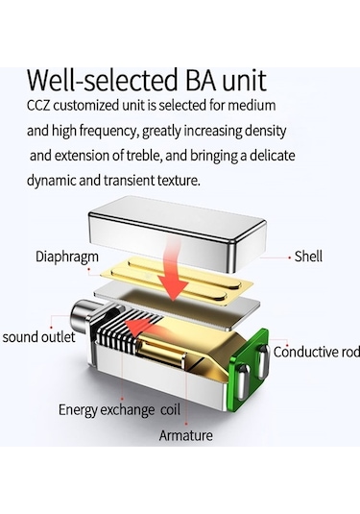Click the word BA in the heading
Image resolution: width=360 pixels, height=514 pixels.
click(x=201, y=81)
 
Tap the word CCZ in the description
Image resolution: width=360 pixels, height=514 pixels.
click(x=38, y=106)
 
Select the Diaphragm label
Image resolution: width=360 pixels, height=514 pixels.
click(x=67, y=257)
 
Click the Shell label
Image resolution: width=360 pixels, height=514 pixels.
click(x=308, y=256)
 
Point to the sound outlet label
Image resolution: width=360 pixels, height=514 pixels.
click(x=38, y=337)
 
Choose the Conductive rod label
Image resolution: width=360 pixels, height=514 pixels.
click(x=317, y=352)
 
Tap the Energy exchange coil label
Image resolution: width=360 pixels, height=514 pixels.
click(x=119, y=409)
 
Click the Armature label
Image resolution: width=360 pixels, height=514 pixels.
click(x=185, y=435)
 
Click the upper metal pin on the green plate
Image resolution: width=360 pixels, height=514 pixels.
click(x=263, y=360)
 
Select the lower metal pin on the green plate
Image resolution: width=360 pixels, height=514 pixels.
click(x=243, y=381)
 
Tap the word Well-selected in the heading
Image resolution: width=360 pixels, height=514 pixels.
click(x=102, y=81)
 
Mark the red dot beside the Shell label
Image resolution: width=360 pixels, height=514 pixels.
click(x=290, y=258)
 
